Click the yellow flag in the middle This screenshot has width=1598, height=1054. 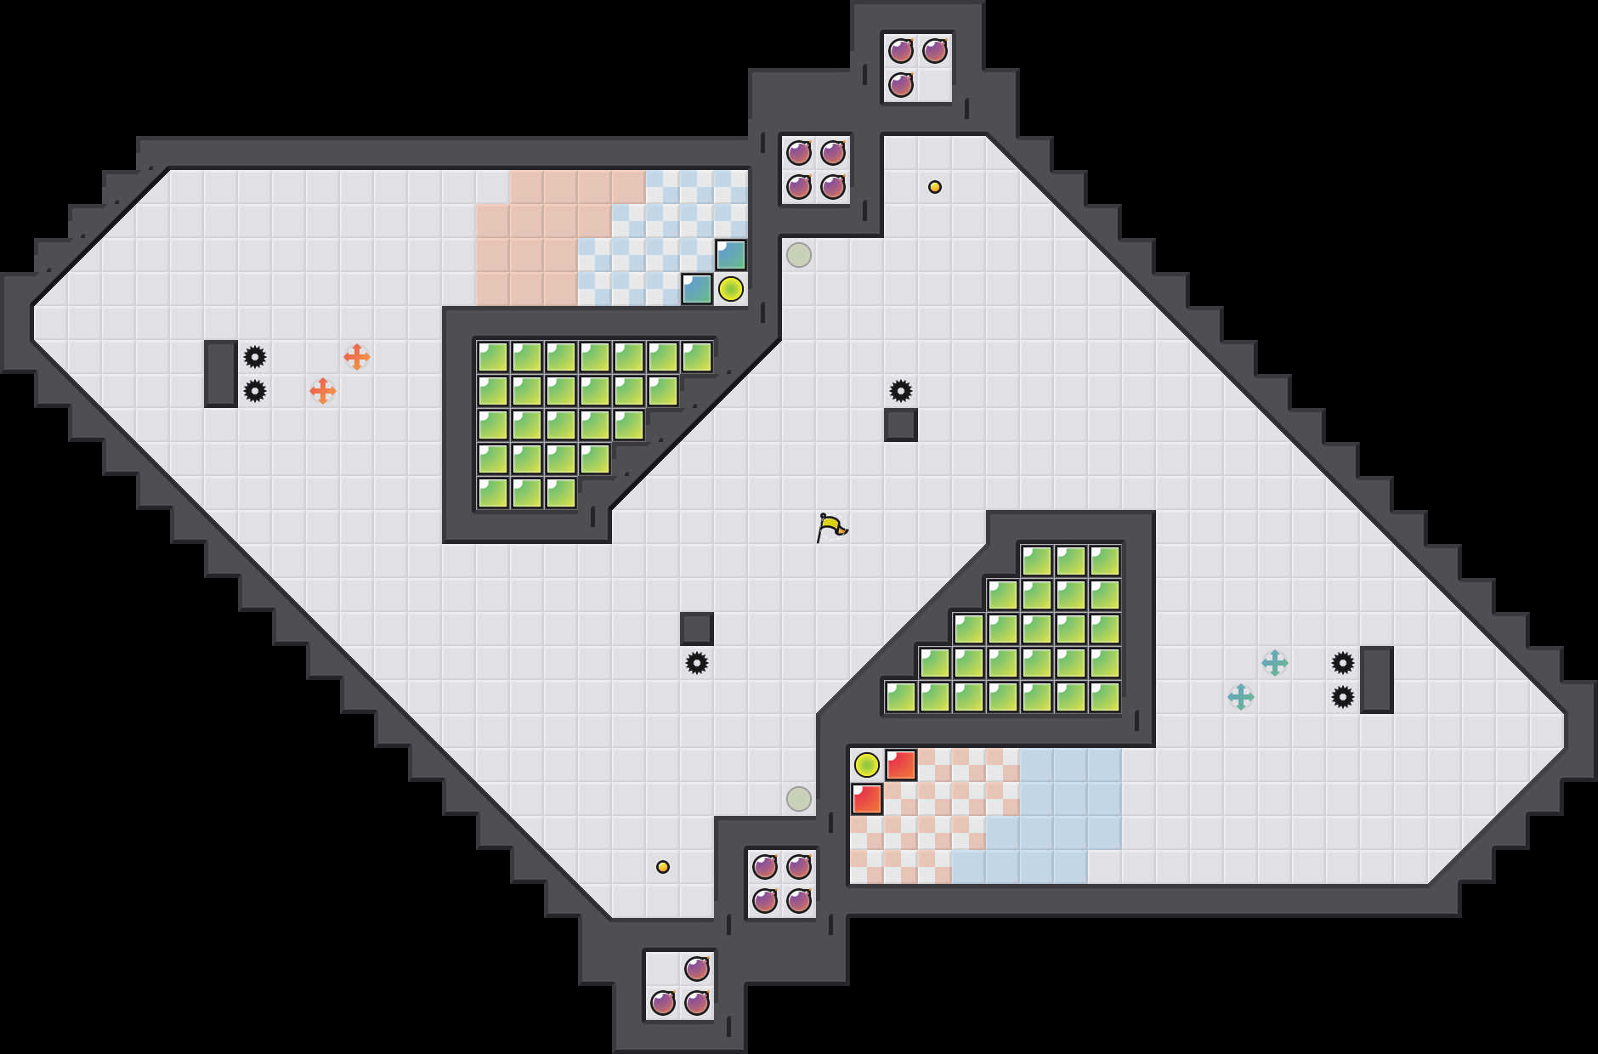[x=831, y=527]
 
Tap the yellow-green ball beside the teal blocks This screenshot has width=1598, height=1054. [x=731, y=289]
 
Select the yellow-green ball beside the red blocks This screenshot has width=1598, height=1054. [x=867, y=765]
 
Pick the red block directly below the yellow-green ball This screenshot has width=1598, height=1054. [x=867, y=799]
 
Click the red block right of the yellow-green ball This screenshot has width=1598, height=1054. [x=901, y=765]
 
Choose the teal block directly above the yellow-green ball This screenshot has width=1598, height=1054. [x=731, y=255]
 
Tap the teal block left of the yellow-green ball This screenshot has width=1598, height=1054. [x=697, y=289]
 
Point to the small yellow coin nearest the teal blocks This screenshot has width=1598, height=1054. [x=935, y=187]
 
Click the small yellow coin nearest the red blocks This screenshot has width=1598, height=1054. [x=663, y=867]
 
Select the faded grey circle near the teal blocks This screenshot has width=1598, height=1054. [x=799, y=255]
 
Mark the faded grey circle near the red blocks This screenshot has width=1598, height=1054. [x=799, y=799]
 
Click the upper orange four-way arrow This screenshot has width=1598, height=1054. [x=357, y=357]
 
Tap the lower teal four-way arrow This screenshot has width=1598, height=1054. [x=1241, y=697]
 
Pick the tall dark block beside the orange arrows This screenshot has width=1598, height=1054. [x=221, y=374]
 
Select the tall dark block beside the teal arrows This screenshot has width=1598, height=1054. [x=1377, y=680]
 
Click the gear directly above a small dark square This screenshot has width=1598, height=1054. [x=901, y=391]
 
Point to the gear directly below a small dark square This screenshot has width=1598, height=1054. [x=697, y=663]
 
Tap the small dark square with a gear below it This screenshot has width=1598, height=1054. [x=697, y=629]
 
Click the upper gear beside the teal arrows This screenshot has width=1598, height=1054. [x=1343, y=663]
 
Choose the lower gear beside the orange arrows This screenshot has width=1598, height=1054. [x=255, y=391]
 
